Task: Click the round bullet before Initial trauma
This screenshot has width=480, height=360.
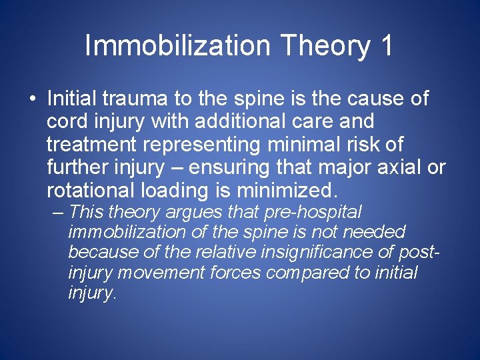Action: point(32,99)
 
